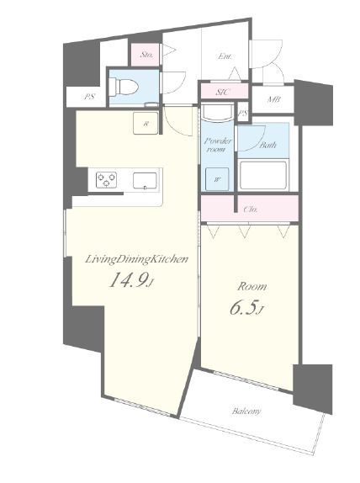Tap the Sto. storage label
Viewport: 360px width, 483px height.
pos(146,56)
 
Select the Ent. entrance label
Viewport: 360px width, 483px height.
pos(225,56)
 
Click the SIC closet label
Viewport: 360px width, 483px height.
pos(223,92)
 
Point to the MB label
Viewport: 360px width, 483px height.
pos(273,99)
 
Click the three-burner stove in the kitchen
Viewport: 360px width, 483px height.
pos(106,179)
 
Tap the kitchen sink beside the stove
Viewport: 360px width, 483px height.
pos(145,181)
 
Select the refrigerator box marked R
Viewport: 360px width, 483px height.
pos(146,123)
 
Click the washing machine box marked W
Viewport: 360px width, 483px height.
pos(217,179)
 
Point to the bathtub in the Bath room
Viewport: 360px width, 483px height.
pos(263,175)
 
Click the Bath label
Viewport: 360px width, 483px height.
pos(267,145)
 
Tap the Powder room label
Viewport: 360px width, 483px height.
pos(218,145)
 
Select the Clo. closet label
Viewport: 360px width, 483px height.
pos(250,210)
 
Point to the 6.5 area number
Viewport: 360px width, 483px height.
pos(244,308)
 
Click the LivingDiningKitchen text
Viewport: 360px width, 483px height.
pos(136,259)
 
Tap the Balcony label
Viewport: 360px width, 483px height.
pos(246,411)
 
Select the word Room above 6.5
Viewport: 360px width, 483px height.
pos(251,286)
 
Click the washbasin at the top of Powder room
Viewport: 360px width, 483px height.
pos(217,112)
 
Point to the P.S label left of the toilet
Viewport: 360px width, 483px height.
pos(90,97)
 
